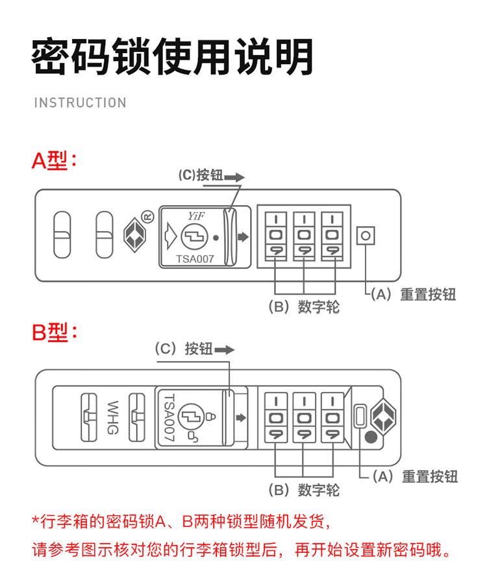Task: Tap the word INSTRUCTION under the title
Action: click(x=80, y=103)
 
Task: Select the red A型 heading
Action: click(x=55, y=161)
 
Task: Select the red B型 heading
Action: click(x=55, y=334)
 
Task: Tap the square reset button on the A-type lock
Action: click(x=366, y=236)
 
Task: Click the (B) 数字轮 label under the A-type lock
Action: click(x=304, y=307)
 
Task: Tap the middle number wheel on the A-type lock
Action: click(x=303, y=236)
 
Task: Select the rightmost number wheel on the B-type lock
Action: click(x=331, y=417)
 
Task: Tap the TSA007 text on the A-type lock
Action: click(x=194, y=259)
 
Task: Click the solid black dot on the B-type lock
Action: click(x=370, y=437)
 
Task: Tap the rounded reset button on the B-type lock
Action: click(x=359, y=415)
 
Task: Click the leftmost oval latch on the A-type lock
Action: click(x=62, y=235)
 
